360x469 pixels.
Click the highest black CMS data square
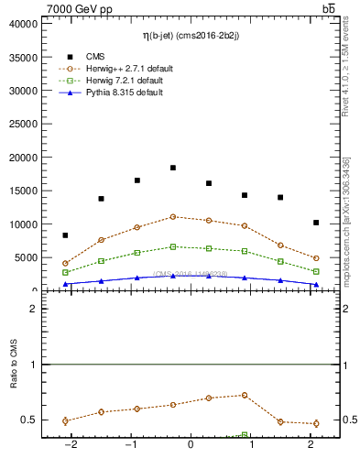click(x=173, y=168)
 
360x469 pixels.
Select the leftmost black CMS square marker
click(x=65, y=235)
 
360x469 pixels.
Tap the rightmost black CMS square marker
click(x=316, y=223)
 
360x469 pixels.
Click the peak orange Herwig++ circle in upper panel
click(x=173, y=217)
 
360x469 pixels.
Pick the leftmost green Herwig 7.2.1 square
click(x=65, y=272)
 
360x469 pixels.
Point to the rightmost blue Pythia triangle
click(x=316, y=284)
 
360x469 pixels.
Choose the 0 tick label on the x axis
click(x=191, y=446)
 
